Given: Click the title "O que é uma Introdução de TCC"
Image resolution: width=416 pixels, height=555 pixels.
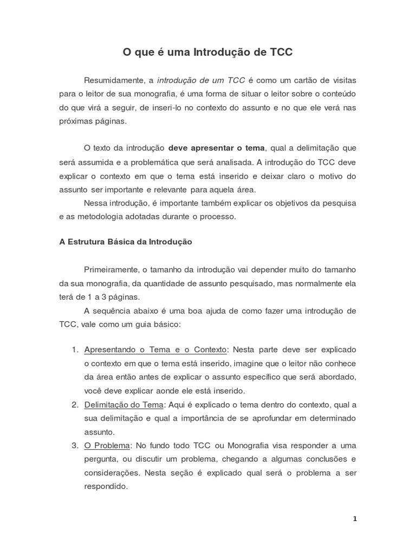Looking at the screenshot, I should pyautogui.click(x=207, y=53).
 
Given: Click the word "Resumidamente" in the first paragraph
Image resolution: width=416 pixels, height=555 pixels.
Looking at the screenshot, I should pyautogui.click(x=114, y=80).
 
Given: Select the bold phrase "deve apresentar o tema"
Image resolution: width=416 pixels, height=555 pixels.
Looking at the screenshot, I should pyautogui.click(x=217, y=148).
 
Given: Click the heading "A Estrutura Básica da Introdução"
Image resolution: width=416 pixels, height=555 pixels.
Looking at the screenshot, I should pyautogui.click(x=126, y=242).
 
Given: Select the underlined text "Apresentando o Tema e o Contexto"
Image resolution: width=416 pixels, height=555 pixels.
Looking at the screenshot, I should pyautogui.click(x=156, y=350).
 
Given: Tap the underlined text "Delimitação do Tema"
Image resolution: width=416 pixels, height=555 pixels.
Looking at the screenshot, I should pyautogui.click(x=123, y=405).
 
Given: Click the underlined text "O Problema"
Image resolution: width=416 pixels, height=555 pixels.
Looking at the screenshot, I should pyautogui.click(x=107, y=446).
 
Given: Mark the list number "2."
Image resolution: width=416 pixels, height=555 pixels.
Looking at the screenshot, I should pyautogui.click(x=75, y=405).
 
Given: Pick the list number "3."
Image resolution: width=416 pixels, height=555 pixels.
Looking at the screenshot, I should pyautogui.click(x=75, y=446).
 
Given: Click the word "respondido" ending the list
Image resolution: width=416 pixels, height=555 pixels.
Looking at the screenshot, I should pyautogui.click(x=105, y=486).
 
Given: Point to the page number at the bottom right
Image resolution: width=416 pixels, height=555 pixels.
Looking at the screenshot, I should pyautogui.click(x=355, y=519).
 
